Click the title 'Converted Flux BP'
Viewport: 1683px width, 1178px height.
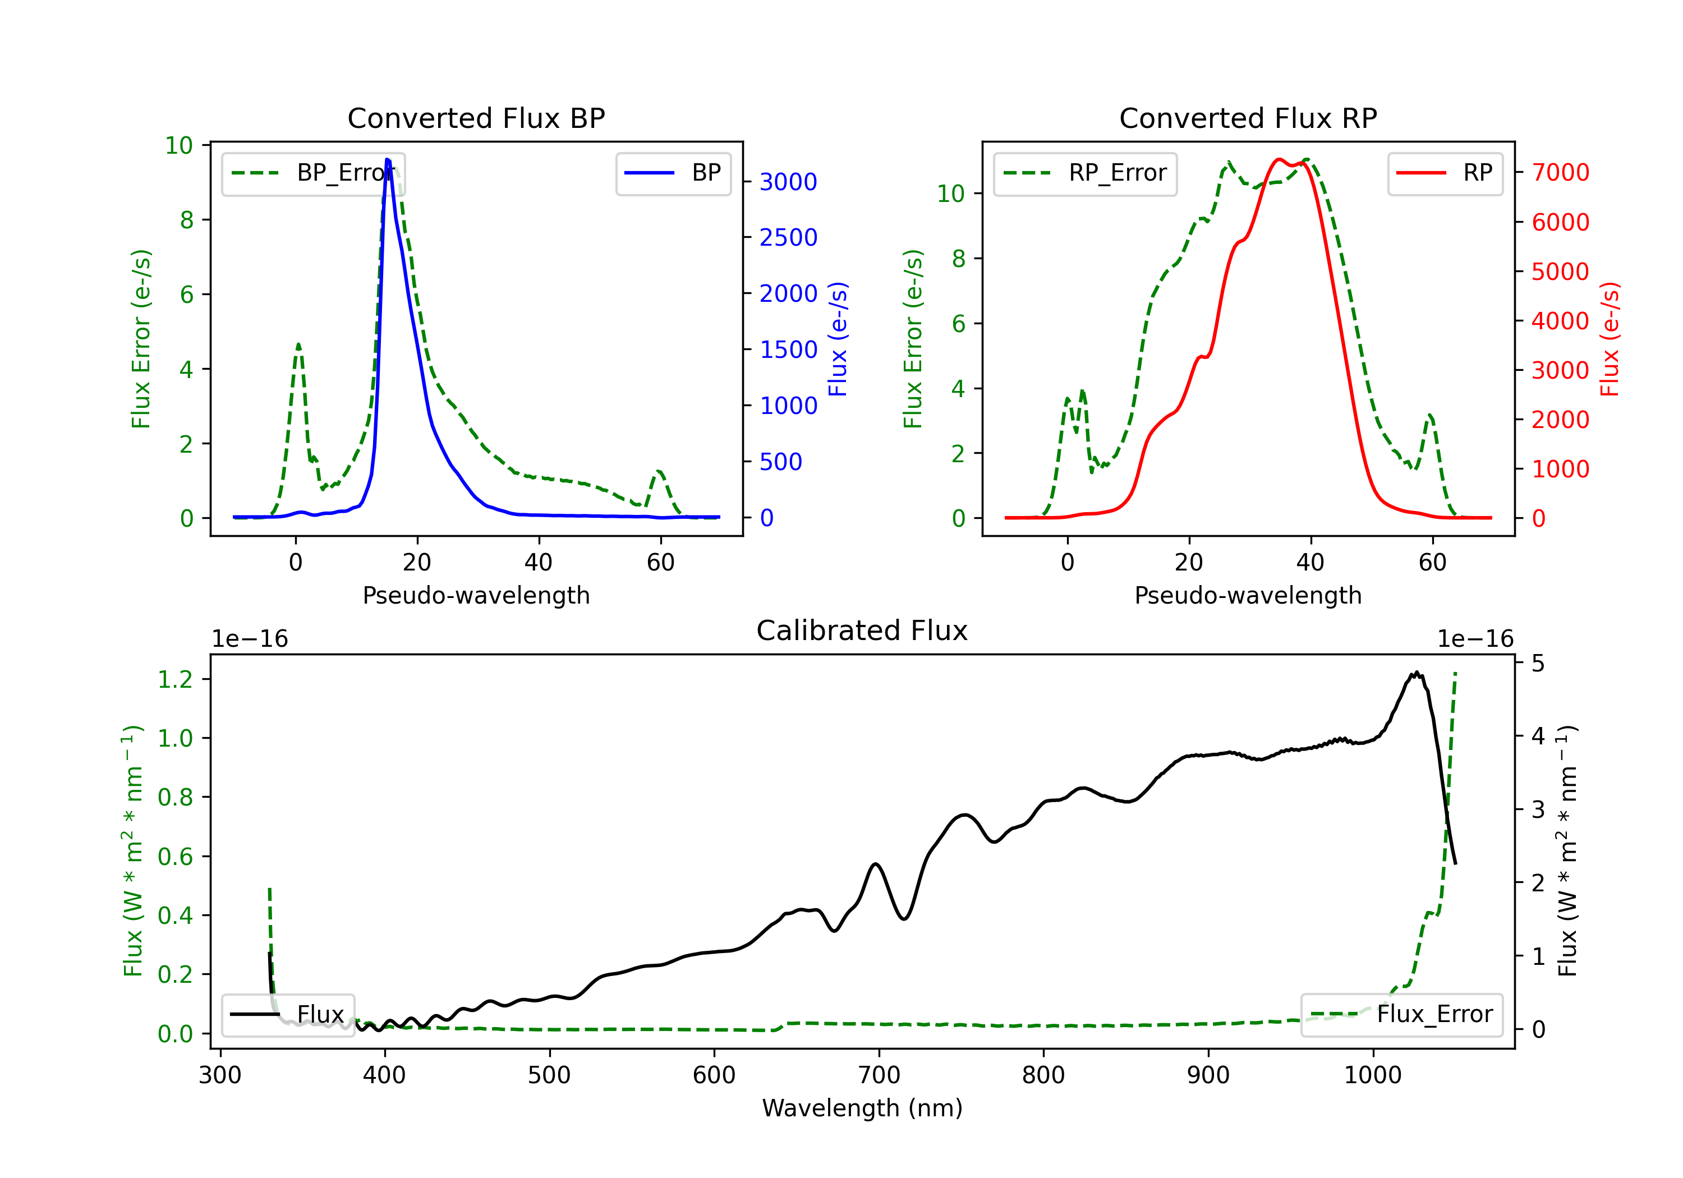tap(476, 118)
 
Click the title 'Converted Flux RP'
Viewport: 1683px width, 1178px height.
tap(1248, 118)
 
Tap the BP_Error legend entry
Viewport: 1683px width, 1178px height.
tap(313, 173)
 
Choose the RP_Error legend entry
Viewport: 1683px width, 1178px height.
tap(1085, 173)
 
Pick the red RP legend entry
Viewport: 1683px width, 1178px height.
tap(1444, 173)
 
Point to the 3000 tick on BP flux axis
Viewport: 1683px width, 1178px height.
tap(788, 182)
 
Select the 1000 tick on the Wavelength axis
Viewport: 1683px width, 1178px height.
tap(1372, 1075)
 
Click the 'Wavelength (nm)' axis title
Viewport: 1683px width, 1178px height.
tap(862, 1108)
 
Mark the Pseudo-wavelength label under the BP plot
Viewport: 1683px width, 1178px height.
tap(476, 595)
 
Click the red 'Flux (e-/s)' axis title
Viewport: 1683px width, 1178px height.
tap(1610, 339)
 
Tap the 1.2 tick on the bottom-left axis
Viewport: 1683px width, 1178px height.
tap(175, 679)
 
